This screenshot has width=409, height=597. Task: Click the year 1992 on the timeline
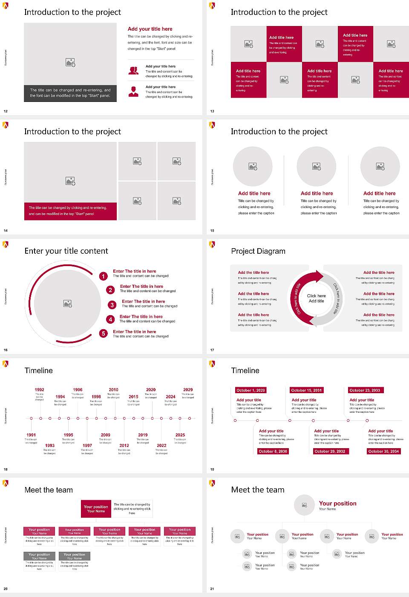pyautogui.click(x=39, y=390)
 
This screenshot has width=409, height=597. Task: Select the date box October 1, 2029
pyautogui.click(x=251, y=390)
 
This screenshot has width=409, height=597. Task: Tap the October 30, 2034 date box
pyautogui.click(x=383, y=451)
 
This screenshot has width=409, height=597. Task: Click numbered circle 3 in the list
pyautogui.click(x=112, y=305)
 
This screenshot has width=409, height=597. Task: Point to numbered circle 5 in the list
pyautogui.click(x=103, y=333)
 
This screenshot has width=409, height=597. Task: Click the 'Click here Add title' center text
pyautogui.click(x=316, y=298)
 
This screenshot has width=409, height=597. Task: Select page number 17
pyautogui.click(x=212, y=350)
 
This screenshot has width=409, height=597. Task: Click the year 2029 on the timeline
pyautogui.click(x=188, y=390)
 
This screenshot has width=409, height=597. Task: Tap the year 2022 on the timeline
pyautogui.click(x=161, y=446)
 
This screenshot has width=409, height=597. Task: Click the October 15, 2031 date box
pyautogui.click(x=306, y=390)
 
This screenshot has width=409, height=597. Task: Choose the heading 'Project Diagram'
pyautogui.click(x=258, y=251)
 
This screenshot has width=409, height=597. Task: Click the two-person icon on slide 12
pyautogui.click(x=133, y=71)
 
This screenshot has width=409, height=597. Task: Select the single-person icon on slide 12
pyautogui.click(x=133, y=91)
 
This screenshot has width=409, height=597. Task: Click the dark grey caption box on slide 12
pyautogui.click(x=70, y=93)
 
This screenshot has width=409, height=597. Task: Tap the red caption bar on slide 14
pyautogui.click(x=70, y=211)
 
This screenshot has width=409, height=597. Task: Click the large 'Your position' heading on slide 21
pyautogui.click(x=337, y=504)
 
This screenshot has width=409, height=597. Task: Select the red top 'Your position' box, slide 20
pyautogui.click(x=96, y=509)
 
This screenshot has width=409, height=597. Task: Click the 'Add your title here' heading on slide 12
pyautogui.click(x=150, y=29)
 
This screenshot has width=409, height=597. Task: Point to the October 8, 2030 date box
pyautogui.click(x=273, y=451)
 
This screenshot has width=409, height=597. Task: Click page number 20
pyautogui.click(x=6, y=589)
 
